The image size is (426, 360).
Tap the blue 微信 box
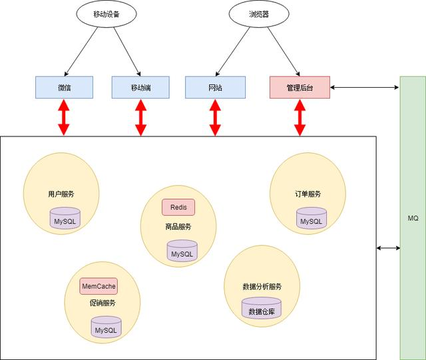tap(64, 87)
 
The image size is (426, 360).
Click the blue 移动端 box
tap(140, 87)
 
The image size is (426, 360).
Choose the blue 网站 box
tap(215, 87)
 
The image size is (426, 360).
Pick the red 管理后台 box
tap(299, 87)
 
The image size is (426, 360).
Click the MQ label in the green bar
tap(413, 218)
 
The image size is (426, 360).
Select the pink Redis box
tap(178, 207)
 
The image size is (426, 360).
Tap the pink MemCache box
tap(99, 286)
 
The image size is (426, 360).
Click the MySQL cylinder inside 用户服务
tap(66, 219)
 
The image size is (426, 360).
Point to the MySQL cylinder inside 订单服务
tap(312, 220)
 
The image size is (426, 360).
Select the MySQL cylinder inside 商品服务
tap(182, 252)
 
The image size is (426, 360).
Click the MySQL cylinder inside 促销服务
tap(105, 328)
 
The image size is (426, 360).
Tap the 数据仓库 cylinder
tap(261, 309)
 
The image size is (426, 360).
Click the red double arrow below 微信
tap(64, 118)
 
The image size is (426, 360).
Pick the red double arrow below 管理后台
tap(299, 118)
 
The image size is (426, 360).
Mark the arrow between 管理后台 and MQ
tap(364, 87)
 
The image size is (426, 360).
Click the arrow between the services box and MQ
tap(388, 248)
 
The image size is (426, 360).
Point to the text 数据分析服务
tap(262, 287)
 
